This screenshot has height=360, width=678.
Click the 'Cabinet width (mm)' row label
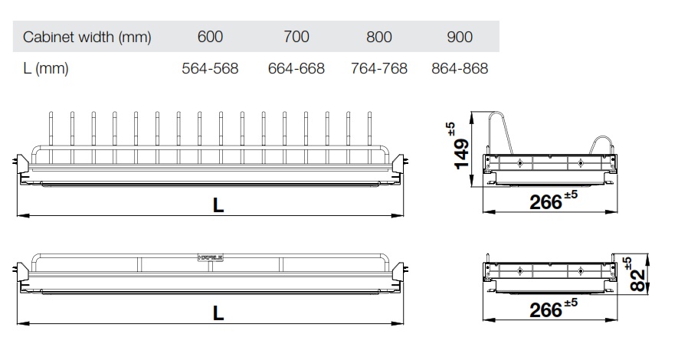87,37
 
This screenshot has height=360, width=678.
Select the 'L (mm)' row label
46,68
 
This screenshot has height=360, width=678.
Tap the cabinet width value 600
210,37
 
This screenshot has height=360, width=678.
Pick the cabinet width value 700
296,37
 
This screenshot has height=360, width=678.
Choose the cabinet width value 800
378,37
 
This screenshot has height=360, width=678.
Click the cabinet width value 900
460,37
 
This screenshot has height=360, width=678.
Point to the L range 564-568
210,68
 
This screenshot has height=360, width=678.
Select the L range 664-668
296,68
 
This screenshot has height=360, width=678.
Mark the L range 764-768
378,68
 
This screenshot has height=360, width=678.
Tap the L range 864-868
460,68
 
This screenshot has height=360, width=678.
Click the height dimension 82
636,279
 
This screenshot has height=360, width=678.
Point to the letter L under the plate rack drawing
218,205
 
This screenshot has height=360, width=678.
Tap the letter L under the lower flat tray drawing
218,312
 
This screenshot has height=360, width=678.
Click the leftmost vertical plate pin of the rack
51,130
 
